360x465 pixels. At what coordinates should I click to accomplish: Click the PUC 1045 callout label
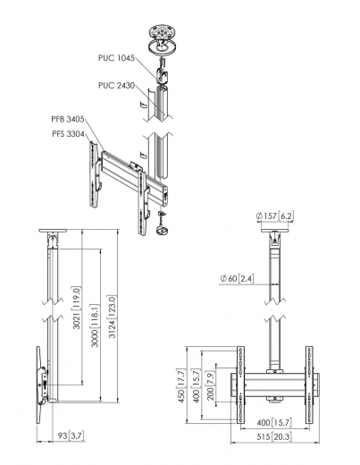point(116,57)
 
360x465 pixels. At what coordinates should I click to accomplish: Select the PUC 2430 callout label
point(116,86)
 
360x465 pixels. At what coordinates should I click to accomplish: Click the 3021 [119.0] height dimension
point(76,313)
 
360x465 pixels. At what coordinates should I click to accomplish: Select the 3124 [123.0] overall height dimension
point(112,315)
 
